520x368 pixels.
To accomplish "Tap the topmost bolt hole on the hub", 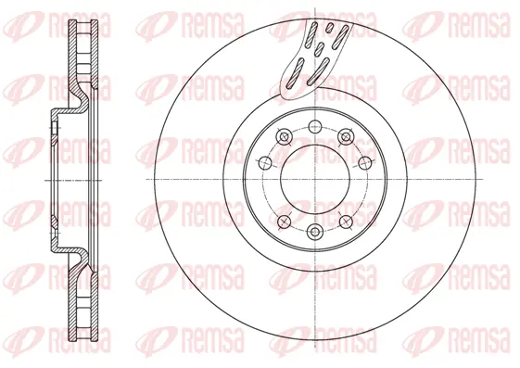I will click(x=314, y=127).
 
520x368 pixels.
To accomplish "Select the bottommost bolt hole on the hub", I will click(x=314, y=231).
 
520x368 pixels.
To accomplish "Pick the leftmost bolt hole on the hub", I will click(x=262, y=165).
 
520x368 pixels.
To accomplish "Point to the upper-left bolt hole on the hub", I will click(x=284, y=137).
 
